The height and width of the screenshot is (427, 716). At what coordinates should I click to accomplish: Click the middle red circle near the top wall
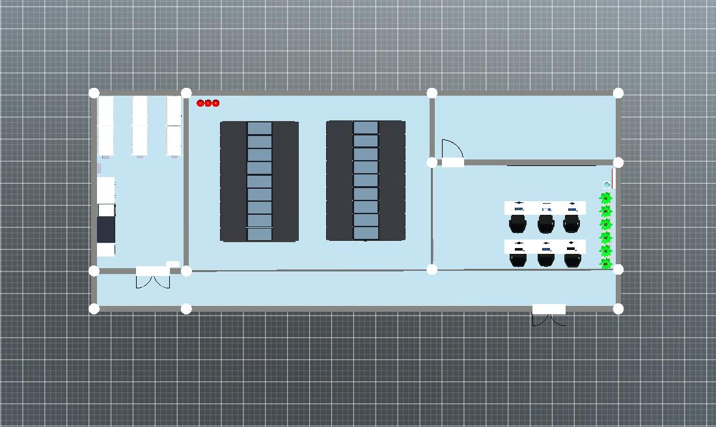(208, 103)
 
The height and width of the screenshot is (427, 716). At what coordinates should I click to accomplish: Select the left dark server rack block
(259, 181)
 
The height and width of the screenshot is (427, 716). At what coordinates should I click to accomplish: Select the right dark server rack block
(366, 180)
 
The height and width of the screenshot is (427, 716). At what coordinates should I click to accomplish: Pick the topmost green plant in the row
(606, 198)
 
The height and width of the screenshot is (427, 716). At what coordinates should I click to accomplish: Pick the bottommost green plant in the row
(606, 263)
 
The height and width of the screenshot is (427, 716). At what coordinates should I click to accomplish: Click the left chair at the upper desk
(518, 223)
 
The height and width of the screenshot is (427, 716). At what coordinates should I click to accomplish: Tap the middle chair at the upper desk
(545, 223)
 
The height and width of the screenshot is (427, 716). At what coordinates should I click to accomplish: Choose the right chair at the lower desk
(572, 258)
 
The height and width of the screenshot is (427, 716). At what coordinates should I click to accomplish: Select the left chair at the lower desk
(518, 258)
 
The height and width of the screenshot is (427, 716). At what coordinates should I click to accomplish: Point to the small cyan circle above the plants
(607, 186)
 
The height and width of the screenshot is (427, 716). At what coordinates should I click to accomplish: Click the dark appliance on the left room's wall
(106, 229)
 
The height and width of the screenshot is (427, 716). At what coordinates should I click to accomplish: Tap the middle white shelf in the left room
(140, 126)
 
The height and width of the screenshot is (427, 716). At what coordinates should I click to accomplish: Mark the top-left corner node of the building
(94, 93)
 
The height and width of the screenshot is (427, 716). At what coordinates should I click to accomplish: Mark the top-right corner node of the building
(618, 93)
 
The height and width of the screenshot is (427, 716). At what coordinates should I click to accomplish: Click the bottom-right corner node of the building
(618, 309)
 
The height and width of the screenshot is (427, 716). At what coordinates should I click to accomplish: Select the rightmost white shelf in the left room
(174, 126)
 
